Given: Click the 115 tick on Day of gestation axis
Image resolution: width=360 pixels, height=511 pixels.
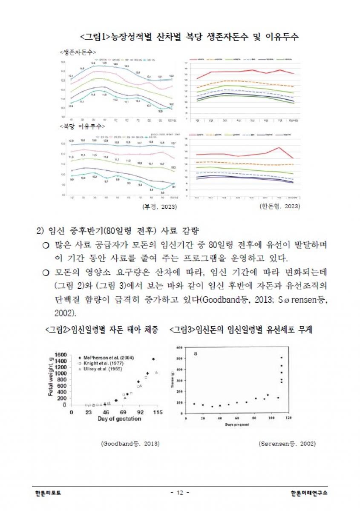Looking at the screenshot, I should click(x=158, y=413).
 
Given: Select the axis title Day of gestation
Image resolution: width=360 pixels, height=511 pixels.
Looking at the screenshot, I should click(x=119, y=419).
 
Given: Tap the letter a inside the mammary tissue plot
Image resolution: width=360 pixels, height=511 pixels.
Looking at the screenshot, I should click(x=196, y=353).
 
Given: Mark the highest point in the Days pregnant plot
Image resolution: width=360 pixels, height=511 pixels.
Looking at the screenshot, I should click(x=282, y=357).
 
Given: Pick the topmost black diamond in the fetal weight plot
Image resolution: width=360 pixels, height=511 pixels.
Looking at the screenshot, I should click(x=153, y=359).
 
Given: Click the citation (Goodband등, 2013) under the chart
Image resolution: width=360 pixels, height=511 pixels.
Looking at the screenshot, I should click(x=130, y=444).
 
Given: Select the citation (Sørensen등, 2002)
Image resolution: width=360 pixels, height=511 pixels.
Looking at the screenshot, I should click(x=287, y=444).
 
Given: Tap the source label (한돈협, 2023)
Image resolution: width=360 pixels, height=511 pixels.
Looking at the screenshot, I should click(x=279, y=207).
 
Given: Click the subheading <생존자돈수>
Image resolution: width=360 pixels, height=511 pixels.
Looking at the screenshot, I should click(x=77, y=52).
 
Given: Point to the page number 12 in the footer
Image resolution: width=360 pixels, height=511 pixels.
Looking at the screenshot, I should click(x=180, y=493).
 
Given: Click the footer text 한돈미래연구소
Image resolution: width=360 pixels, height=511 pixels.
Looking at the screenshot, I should click(x=310, y=493).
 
